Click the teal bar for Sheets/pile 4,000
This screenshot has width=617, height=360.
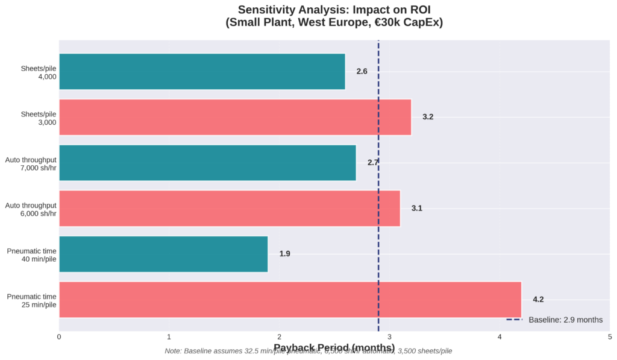pos(202,72)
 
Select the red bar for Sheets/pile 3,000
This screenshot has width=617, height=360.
pos(235,117)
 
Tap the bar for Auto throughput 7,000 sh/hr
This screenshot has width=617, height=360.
pos(207,163)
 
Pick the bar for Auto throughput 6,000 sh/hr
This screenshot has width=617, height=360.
pos(229,208)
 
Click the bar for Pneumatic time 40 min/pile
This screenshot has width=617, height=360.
pos(163,254)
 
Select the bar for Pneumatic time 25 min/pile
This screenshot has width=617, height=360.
pos(290,299)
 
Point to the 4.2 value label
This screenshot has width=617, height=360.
pos(538,299)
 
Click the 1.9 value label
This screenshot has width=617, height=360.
pos(284,254)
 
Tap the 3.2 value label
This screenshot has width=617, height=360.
pos(428,117)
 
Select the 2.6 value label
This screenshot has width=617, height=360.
pos(362,72)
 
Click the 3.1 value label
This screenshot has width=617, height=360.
pos(417,208)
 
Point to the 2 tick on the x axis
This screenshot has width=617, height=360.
pos(280,336)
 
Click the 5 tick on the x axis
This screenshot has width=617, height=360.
pos(610,336)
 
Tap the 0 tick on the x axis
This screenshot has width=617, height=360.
pos(59,336)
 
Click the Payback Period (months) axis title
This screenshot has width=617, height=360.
pos(334,347)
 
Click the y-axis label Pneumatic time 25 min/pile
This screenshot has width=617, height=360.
pos(32,300)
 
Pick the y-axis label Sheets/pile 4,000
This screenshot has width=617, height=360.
pos(39,72)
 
